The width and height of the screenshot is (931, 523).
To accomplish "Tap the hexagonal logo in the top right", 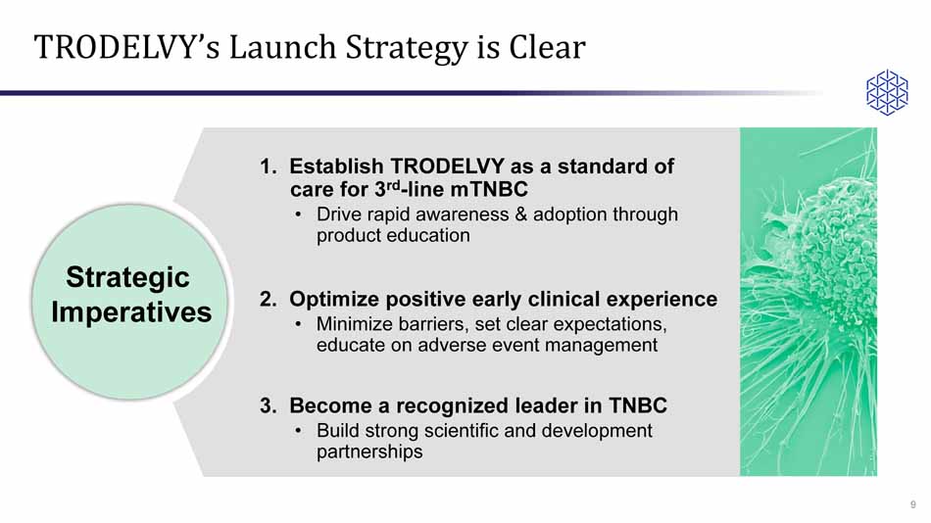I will click(886, 93).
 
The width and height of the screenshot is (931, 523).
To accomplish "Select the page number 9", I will click(913, 504).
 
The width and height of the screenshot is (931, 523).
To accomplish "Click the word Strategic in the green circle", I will click(127, 278).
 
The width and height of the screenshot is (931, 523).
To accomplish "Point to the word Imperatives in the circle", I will click(130, 312).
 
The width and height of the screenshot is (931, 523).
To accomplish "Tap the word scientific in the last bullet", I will click(472, 431).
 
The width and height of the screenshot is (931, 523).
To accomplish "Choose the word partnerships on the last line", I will click(369, 452).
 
